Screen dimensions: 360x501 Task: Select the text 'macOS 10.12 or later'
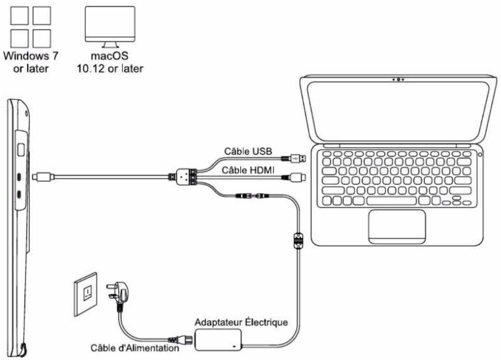110,62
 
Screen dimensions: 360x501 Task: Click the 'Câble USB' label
248,152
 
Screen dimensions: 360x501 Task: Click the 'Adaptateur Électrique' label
241,321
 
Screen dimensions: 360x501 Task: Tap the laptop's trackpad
397,226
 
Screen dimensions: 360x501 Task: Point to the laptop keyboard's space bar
391,200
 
